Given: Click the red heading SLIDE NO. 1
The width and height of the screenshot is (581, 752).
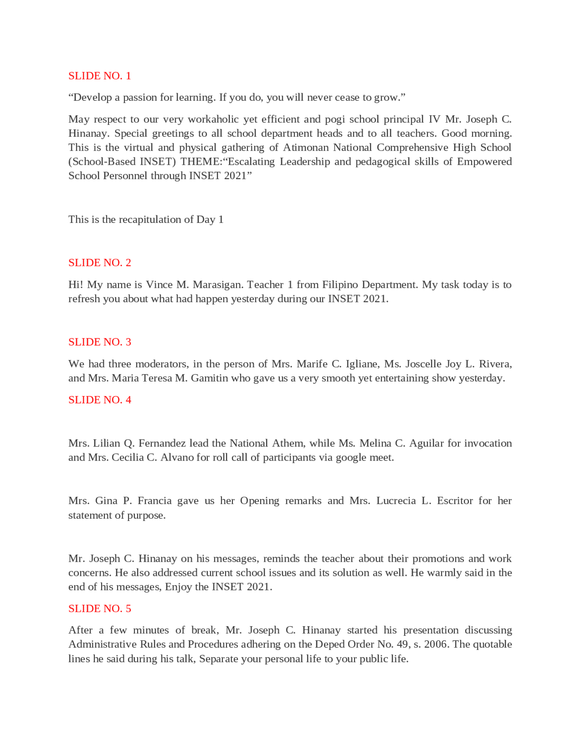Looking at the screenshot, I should click(x=99, y=76).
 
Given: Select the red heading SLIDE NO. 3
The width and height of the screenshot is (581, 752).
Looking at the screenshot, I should click(x=99, y=342).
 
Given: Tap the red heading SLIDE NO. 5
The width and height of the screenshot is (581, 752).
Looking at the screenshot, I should click(x=99, y=609).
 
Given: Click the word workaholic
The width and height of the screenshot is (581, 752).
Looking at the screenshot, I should click(x=213, y=119).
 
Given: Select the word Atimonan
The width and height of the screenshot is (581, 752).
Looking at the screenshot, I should click(x=305, y=148).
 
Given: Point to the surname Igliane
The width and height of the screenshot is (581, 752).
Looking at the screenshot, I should click(x=362, y=364).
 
